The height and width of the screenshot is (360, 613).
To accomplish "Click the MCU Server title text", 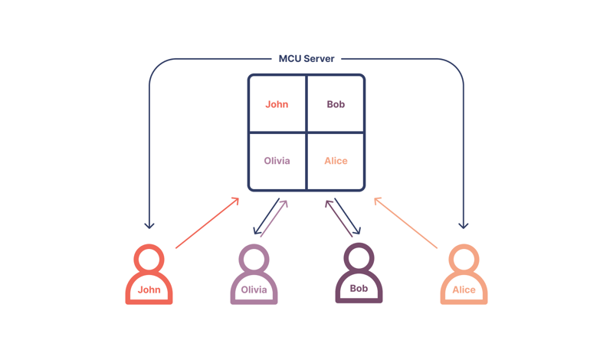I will coord(306,58).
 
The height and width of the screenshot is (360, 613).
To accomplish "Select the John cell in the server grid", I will coord(277,104).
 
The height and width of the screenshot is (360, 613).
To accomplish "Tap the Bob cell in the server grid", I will coord(336,104).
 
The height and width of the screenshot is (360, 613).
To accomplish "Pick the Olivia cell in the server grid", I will coord(277,161).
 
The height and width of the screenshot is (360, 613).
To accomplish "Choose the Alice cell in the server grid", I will coord(336,161).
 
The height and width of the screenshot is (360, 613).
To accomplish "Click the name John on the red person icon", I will coord(149,290).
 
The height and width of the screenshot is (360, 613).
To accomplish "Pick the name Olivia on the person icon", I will coord(254,290).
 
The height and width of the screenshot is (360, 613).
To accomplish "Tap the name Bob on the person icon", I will coord(359,289).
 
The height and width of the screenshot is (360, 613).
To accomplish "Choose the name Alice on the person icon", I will coord(464,290).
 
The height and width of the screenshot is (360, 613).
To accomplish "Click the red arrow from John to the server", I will coord(207,223).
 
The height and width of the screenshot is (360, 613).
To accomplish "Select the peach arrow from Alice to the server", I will coord(406,223).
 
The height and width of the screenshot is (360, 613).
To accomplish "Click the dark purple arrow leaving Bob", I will coord(338,218).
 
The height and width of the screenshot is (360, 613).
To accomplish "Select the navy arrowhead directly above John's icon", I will coord(149,225).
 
